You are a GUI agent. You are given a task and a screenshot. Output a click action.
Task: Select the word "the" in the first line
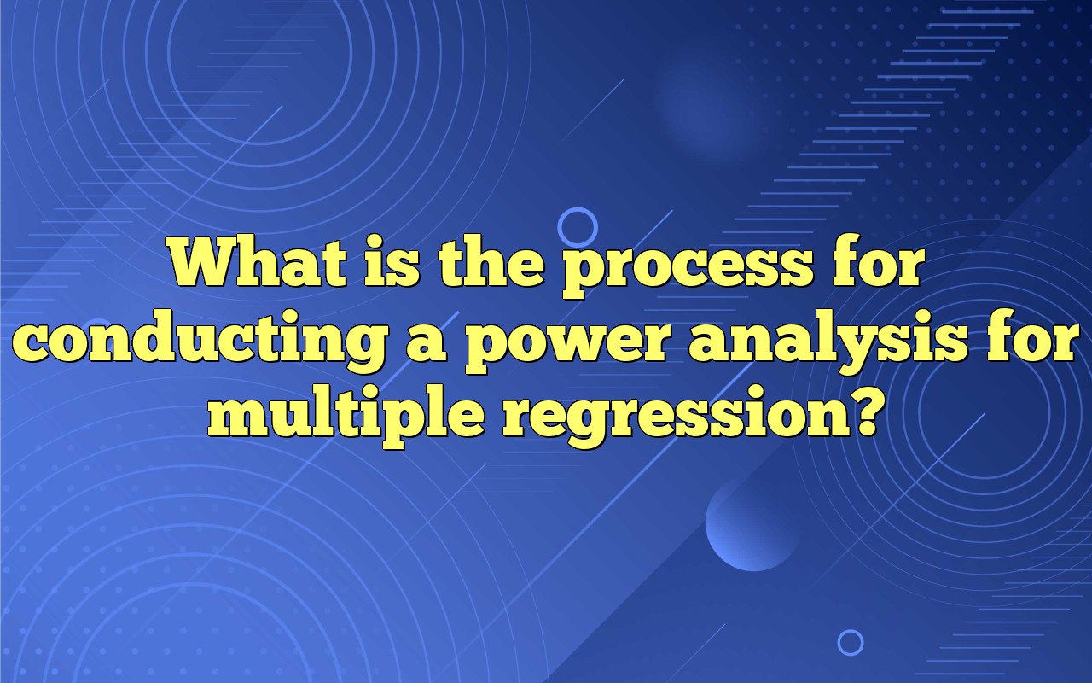point(487,266)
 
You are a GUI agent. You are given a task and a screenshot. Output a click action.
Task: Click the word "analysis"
point(828,343)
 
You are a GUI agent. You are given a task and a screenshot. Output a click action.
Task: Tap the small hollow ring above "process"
point(578,228)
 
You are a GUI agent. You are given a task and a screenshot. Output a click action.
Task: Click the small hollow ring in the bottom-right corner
point(850,642)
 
